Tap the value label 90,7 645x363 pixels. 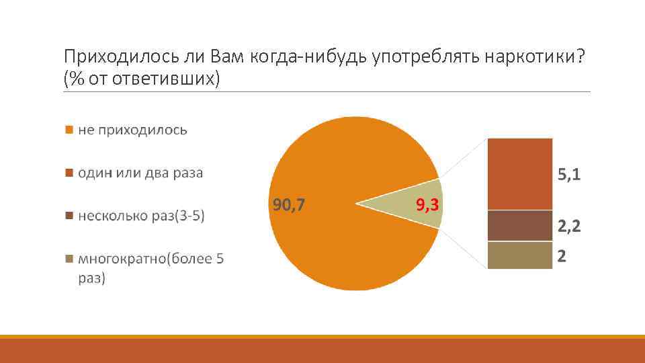tap(288, 204)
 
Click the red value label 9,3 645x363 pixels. tap(428, 204)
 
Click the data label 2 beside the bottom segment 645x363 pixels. tap(561, 256)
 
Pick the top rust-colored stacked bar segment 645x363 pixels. tap(519, 174)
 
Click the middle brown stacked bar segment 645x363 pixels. tap(519, 226)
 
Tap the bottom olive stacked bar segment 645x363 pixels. tap(519, 255)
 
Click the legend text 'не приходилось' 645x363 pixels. tap(132, 130)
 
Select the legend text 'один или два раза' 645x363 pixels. tap(140, 173)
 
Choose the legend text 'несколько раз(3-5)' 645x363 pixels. tap(141, 216)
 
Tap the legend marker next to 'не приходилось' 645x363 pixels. tap(68, 130)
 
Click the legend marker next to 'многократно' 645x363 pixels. tap(68, 259)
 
